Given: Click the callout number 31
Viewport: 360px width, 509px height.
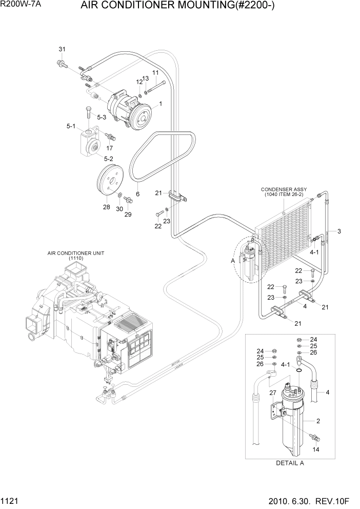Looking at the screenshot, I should click(62, 49).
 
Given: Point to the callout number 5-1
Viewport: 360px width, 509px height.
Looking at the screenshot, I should click(71, 126).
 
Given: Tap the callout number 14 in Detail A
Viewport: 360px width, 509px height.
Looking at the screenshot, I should click(316, 449).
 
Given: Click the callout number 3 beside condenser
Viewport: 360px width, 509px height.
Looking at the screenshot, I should click(339, 231).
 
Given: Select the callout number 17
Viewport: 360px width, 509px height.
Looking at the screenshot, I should click(109, 148).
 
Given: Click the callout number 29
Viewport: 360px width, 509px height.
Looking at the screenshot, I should click(128, 214).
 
